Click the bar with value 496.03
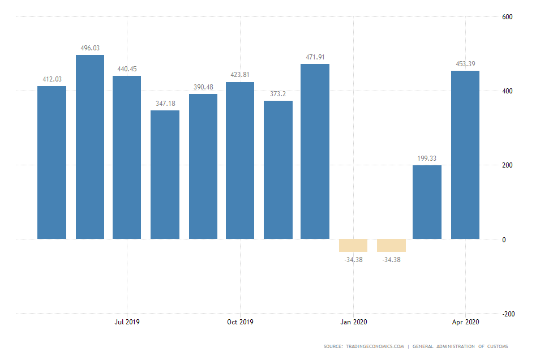click(90, 147)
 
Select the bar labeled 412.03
click(52, 162)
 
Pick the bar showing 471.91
click(315, 151)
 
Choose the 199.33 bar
click(427, 202)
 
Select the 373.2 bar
click(278, 170)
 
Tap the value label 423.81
click(239, 75)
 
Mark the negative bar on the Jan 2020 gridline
click(353, 245)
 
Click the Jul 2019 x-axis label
click(127, 322)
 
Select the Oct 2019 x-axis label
click(240, 322)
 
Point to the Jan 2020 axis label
click(353, 322)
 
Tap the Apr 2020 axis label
click(465, 322)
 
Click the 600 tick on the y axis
click(507, 17)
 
